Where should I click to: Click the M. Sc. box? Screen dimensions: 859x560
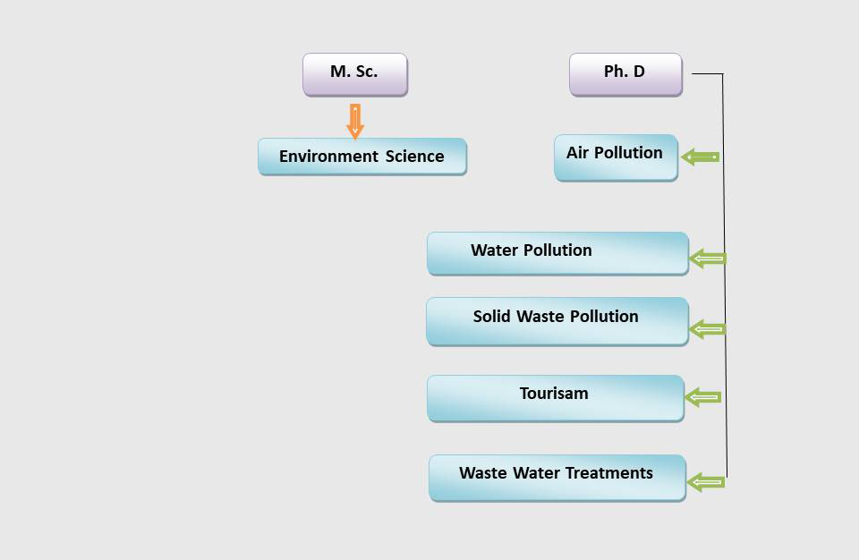click(x=355, y=74)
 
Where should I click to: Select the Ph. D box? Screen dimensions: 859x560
click(x=625, y=74)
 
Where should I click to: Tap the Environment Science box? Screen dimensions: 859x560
click(x=362, y=157)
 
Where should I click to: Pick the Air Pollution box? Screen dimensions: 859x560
click(x=616, y=157)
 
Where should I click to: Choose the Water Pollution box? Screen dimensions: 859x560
click(x=557, y=253)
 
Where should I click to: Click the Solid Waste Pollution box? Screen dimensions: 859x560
click(x=557, y=321)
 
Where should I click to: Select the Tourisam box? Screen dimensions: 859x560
click(x=556, y=398)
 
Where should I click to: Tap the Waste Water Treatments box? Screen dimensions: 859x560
click(x=557, y=478)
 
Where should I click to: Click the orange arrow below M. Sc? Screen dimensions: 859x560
click(x=355, y=121)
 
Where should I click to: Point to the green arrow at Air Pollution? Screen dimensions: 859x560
click(x=700, y=157)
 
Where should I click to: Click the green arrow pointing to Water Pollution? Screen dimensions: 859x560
click(x=708, y=258)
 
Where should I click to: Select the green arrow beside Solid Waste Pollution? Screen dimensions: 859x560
click(x=707, y=329)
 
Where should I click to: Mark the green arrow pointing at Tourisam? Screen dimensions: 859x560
click(x=703, y=397)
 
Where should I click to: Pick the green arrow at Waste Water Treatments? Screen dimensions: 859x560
click(x=706, y=482)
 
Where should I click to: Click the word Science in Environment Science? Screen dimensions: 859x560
click(x=414, y=157)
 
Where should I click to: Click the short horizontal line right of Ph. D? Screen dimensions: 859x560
click(x=708, y=73)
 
